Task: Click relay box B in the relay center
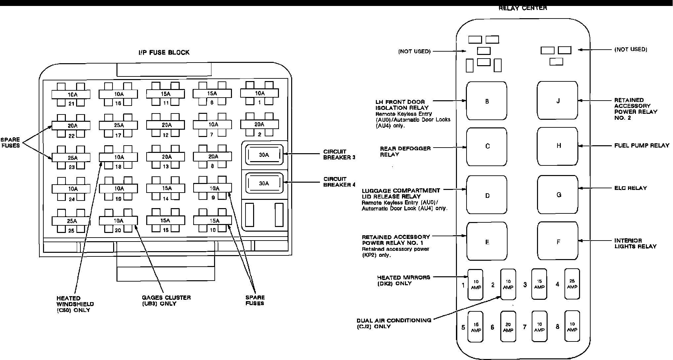click(x=486, y=101)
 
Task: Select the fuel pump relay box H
click(x=558, y=146)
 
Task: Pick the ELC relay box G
click(x=558, y=195)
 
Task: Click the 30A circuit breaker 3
click(x=264, y=155)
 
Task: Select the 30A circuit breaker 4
click(x=264, y=183)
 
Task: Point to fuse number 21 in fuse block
click(x=71, y=95)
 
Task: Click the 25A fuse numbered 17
click(x=118, y=125)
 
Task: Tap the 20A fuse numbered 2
click(x=259, y=124)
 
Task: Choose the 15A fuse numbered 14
click(x=166, y=188)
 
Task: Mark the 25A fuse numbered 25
click(x=71, y=221)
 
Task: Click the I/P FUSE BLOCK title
click(x=164, y=52)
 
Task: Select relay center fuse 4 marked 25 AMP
click(x=572, y=284)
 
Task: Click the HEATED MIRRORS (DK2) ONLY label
click(x=403, y=280)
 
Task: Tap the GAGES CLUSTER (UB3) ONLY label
click(x=166, y=300)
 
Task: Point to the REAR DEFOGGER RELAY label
click(x=405, y=151)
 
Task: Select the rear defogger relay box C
click(x=486, y=146)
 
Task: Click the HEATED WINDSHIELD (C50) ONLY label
click(x=75, y=304)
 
